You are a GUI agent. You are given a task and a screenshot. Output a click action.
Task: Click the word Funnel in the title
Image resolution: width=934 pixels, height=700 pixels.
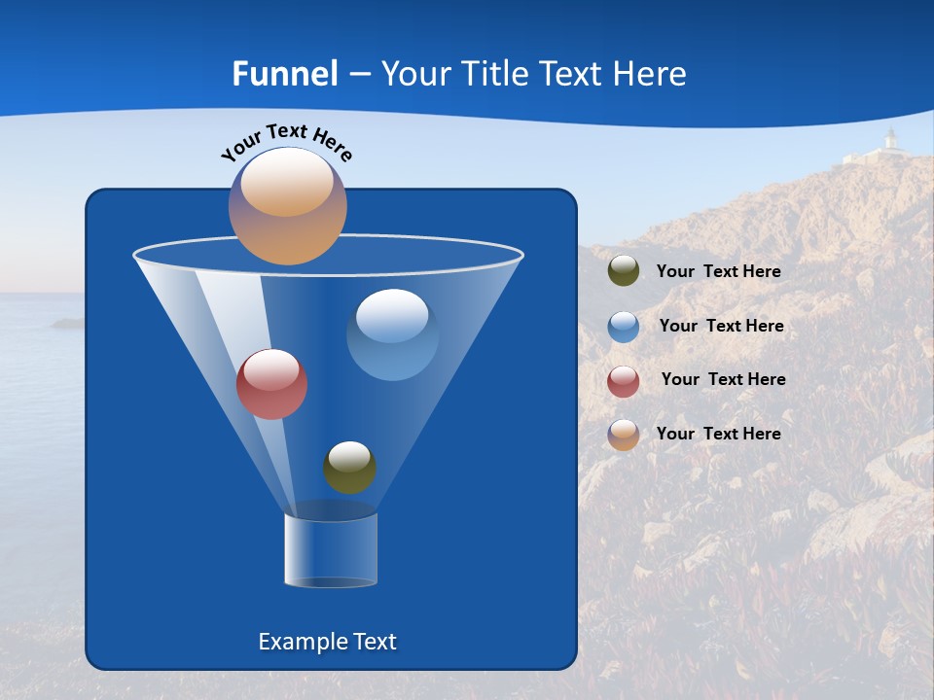[284, 73]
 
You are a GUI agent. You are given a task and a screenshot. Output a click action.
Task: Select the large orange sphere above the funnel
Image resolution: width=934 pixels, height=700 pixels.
[287, 205]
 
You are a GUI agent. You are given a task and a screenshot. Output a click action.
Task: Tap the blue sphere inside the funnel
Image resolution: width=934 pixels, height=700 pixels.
[392, 334]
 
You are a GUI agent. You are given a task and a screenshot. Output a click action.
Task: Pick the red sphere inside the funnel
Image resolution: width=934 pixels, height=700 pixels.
[271, 384]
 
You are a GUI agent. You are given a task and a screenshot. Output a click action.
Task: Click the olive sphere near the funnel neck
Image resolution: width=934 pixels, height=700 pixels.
[349, 468]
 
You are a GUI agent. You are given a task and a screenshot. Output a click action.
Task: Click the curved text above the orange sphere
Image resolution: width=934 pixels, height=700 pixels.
[286, 140]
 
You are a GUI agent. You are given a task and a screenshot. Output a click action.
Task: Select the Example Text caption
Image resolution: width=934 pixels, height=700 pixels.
[327, 642]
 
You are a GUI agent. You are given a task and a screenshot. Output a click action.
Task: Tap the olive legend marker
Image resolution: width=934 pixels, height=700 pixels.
[624, 271]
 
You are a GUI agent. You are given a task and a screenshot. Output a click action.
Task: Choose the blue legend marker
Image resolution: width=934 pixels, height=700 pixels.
[624, 326]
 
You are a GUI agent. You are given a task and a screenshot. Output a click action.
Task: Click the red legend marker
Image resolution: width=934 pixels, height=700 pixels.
[624, 380]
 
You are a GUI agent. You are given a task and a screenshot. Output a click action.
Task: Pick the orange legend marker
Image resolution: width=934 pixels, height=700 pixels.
[624, 435]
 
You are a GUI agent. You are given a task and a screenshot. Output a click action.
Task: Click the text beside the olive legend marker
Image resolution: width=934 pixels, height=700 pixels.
[718, 272]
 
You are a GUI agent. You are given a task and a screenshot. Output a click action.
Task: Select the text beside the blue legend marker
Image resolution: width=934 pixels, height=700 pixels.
[721, 326]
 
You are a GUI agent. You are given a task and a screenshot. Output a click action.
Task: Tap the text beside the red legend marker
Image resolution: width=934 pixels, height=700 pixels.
[723, 379]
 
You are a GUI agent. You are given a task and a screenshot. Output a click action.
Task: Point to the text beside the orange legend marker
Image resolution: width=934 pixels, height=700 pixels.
[718, 434]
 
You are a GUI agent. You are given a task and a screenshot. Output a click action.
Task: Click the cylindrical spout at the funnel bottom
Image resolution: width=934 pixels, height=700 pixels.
[331, 550]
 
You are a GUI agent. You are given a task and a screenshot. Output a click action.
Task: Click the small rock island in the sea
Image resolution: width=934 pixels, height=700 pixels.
[67, 322]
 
